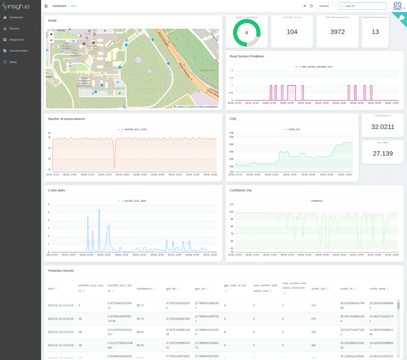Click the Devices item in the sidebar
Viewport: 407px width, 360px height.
[14, 29]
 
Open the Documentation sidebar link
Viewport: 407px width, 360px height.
[18, 51]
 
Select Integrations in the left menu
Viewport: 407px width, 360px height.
[16, 40]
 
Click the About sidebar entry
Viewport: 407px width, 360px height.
[13, 62]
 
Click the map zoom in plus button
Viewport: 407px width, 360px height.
[51, 35]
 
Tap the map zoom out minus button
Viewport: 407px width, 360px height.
[51, 40]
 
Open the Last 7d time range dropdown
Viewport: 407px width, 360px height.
[362, 6]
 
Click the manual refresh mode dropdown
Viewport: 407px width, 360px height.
[326, 6]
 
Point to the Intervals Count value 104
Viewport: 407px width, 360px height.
[292, 32]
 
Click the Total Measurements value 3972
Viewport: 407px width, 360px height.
[337, 32]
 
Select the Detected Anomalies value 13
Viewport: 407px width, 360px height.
[375, 32]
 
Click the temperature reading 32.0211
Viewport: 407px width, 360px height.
[382, 127]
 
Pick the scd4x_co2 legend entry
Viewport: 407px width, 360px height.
[293, 129]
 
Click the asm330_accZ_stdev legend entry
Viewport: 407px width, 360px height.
[135, 201]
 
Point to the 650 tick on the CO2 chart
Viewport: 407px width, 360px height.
[232, 137]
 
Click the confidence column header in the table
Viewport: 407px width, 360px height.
[144, 288]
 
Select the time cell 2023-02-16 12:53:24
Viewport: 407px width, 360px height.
[60, 331]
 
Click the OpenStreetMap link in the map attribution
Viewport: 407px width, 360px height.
[196, 107]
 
